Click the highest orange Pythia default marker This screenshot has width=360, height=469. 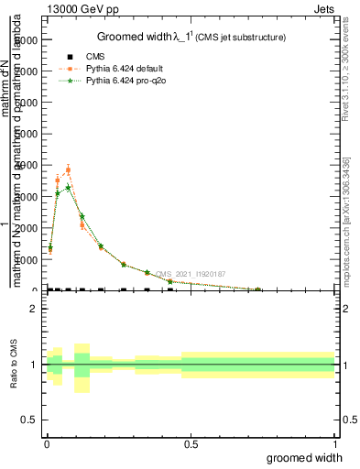pos(68,169)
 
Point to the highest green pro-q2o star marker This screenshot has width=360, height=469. pos(68,188)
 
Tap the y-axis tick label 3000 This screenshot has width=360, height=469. pos(27,197)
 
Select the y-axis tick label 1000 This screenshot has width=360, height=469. pos(27,259)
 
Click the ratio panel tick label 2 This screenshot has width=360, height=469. pos(33,309)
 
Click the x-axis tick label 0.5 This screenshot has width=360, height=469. pos(191,444)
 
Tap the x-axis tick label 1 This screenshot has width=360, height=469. pos(333,444)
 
